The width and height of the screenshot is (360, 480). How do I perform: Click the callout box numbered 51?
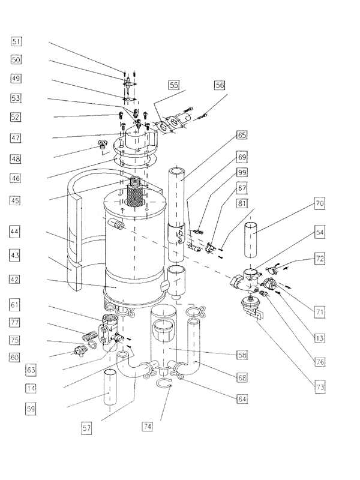(16, 41)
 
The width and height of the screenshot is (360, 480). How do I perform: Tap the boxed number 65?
(242, 136)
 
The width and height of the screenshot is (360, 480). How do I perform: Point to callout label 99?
(242, 173)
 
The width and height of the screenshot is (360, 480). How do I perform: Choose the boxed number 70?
(320, 204)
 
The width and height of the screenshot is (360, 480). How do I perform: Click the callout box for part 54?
(320, 232)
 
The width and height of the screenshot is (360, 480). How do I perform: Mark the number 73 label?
(320, 387)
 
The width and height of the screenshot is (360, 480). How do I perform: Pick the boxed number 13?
(320, 338)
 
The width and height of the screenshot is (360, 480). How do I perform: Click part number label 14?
(31, 388)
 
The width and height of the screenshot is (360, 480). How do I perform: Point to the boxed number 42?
(16, 280)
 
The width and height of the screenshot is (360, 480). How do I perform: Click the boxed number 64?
(242, 398)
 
